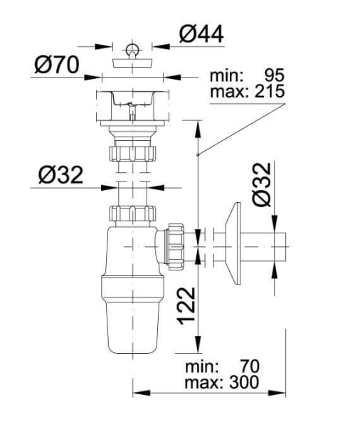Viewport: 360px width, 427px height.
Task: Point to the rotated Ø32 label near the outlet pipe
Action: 262,183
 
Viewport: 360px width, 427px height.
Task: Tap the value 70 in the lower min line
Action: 248,367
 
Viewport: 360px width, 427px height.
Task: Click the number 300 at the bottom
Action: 243,383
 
